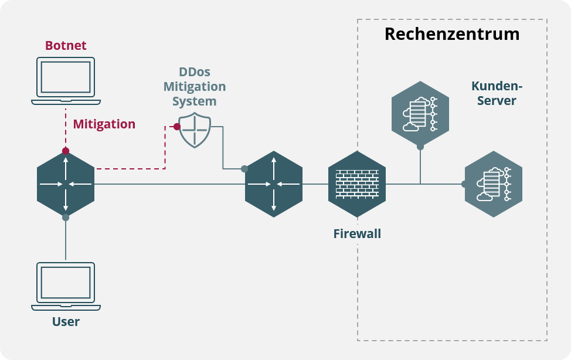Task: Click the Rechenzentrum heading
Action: tap(452, 34)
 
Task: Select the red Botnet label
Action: tap(66, 45)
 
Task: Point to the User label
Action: tap(66, 321)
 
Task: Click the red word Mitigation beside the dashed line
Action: tap(104, 124)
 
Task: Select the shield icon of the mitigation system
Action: tap(195, 130)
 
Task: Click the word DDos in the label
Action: tap(194, 72)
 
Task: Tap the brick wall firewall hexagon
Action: tap(357, 184)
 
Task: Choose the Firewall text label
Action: tap(357, 234)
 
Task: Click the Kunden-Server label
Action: tap(497, 93)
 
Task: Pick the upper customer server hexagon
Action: tap(420, 114)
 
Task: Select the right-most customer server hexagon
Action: tap(494, 184)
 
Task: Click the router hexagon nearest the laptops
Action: tap(66, 184)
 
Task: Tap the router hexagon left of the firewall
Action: tap(274, 184)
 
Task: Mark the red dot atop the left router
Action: tap(66, 151)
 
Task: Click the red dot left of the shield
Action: tap(177, 127)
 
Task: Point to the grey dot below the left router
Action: tap(66, 218)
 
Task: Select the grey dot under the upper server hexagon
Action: tap(420, 147)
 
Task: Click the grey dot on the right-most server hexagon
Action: tap(465, 184)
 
